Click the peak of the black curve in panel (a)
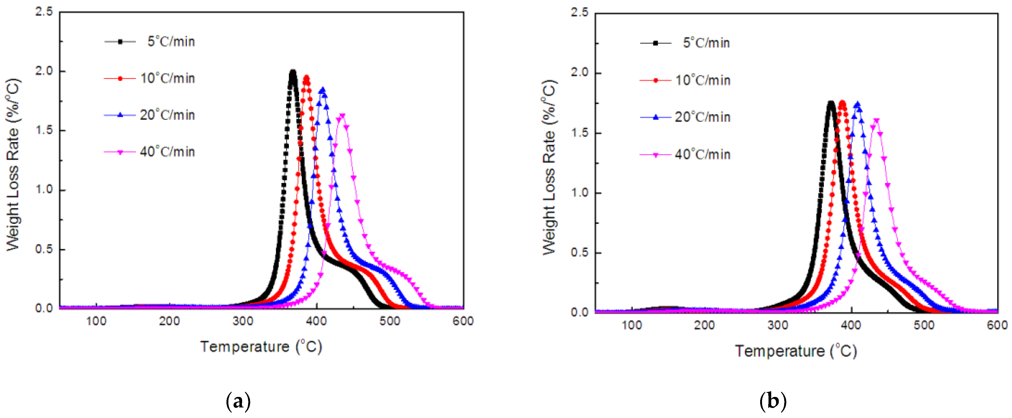click(293, 72)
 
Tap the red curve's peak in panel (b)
click(842, 103)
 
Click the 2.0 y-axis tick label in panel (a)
click(44, 71)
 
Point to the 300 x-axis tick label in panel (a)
click(243, 321)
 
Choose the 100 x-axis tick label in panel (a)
click(96, 321)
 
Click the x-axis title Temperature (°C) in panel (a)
click(261, 346)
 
